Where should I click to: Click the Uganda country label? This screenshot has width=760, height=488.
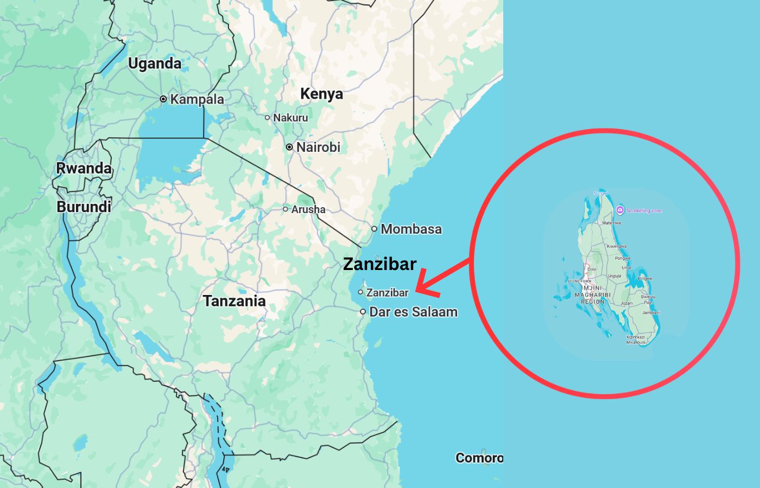point(155,63)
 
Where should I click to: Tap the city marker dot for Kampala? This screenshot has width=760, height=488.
point(163,99)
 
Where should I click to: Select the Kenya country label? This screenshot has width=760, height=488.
point(321,94)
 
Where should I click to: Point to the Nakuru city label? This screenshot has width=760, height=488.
point(290,118)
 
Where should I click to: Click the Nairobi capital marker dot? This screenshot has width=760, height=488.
point(289,147)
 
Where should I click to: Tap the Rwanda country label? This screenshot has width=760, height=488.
point(84,168)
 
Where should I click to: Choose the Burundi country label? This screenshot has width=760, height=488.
point(84,207)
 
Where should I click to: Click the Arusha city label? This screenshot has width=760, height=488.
point(308,209)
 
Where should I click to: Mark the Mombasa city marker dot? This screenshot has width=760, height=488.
point(374,229)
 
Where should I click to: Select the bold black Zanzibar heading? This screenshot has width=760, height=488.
point(380,264)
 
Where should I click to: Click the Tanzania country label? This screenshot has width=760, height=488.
point(235,301)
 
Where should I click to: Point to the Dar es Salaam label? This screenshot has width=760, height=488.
point(413,312)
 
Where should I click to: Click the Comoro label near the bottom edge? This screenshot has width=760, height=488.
point(479,458)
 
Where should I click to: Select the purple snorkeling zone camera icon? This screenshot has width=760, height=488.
point(620,210)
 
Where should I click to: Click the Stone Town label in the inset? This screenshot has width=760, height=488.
point(579,281)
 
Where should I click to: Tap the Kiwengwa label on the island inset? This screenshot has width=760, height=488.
point(617,246)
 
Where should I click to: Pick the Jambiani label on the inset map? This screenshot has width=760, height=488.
point(651,313)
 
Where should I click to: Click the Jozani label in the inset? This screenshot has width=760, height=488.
point(626,303)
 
